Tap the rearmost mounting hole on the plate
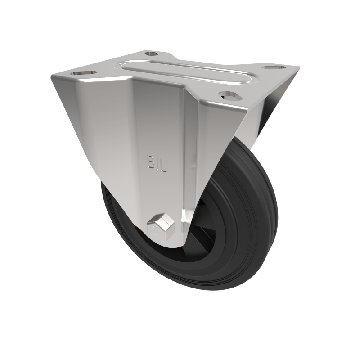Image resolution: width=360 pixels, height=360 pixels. (x=151, y=54)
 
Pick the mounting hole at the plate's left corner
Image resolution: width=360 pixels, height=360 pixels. (x=83, y=72)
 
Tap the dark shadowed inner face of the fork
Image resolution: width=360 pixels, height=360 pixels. (x=265, y=112)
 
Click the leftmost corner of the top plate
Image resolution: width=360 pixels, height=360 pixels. (x=52, y=78)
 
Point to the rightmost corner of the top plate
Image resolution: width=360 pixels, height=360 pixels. (x=299, y=68)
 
